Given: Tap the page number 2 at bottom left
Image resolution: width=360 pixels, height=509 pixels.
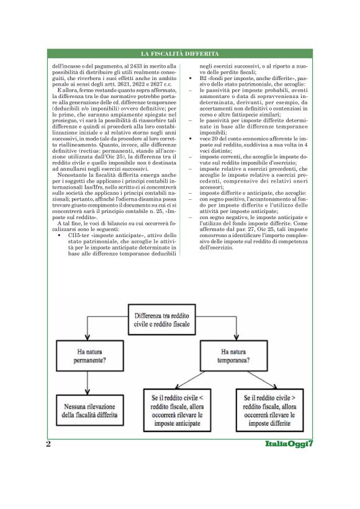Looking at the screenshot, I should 48,444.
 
